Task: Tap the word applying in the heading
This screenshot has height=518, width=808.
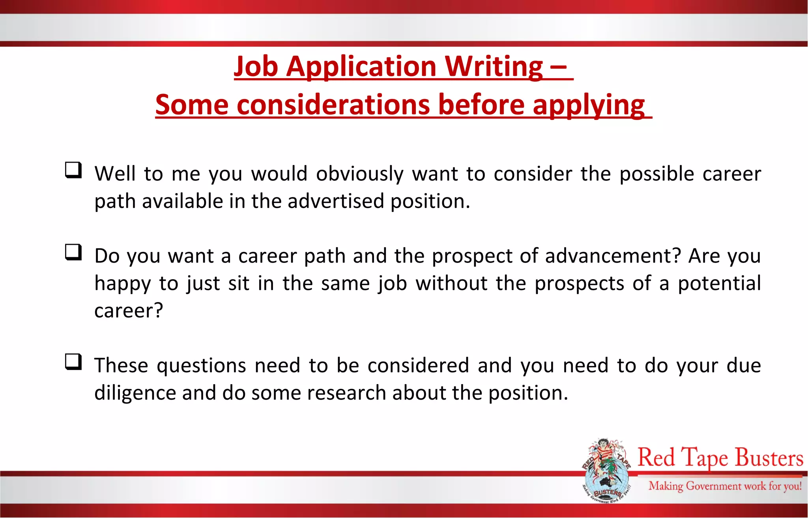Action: coord(589,105)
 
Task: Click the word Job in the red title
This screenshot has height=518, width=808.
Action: coord(256,67)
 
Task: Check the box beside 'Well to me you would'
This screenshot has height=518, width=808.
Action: coord(73,170)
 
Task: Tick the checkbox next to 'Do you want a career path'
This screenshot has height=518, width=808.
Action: coord(73,252)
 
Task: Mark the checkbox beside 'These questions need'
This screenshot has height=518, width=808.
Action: coord(73,362)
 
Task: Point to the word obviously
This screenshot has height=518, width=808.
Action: coord(359,174)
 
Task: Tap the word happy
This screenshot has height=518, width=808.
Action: coord(122,284)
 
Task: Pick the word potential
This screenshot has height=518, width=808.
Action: coord(719,283)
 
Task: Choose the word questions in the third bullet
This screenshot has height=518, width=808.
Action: coord(201,366)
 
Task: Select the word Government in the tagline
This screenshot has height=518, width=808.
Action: coord(713,486)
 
